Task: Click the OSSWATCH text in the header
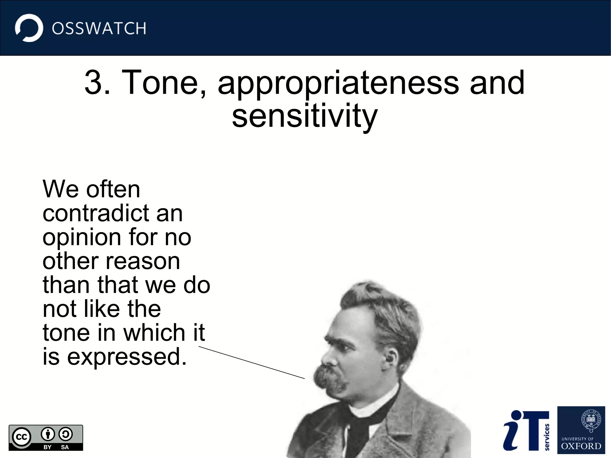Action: tap(99, 29)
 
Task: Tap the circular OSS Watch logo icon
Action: tap(29, 28)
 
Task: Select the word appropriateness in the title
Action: tap(338, 84)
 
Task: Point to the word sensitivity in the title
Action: tap(305, 116)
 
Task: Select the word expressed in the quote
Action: tap(126, 357)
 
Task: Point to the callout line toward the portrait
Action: tap(251, 363)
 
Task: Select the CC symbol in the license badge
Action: tap(21, 437)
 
